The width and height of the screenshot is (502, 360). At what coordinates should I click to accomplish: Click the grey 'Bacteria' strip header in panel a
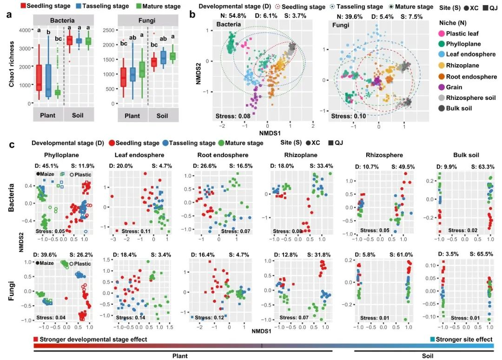(62, 21)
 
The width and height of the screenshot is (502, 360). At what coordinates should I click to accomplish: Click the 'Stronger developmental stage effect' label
(93, 339)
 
